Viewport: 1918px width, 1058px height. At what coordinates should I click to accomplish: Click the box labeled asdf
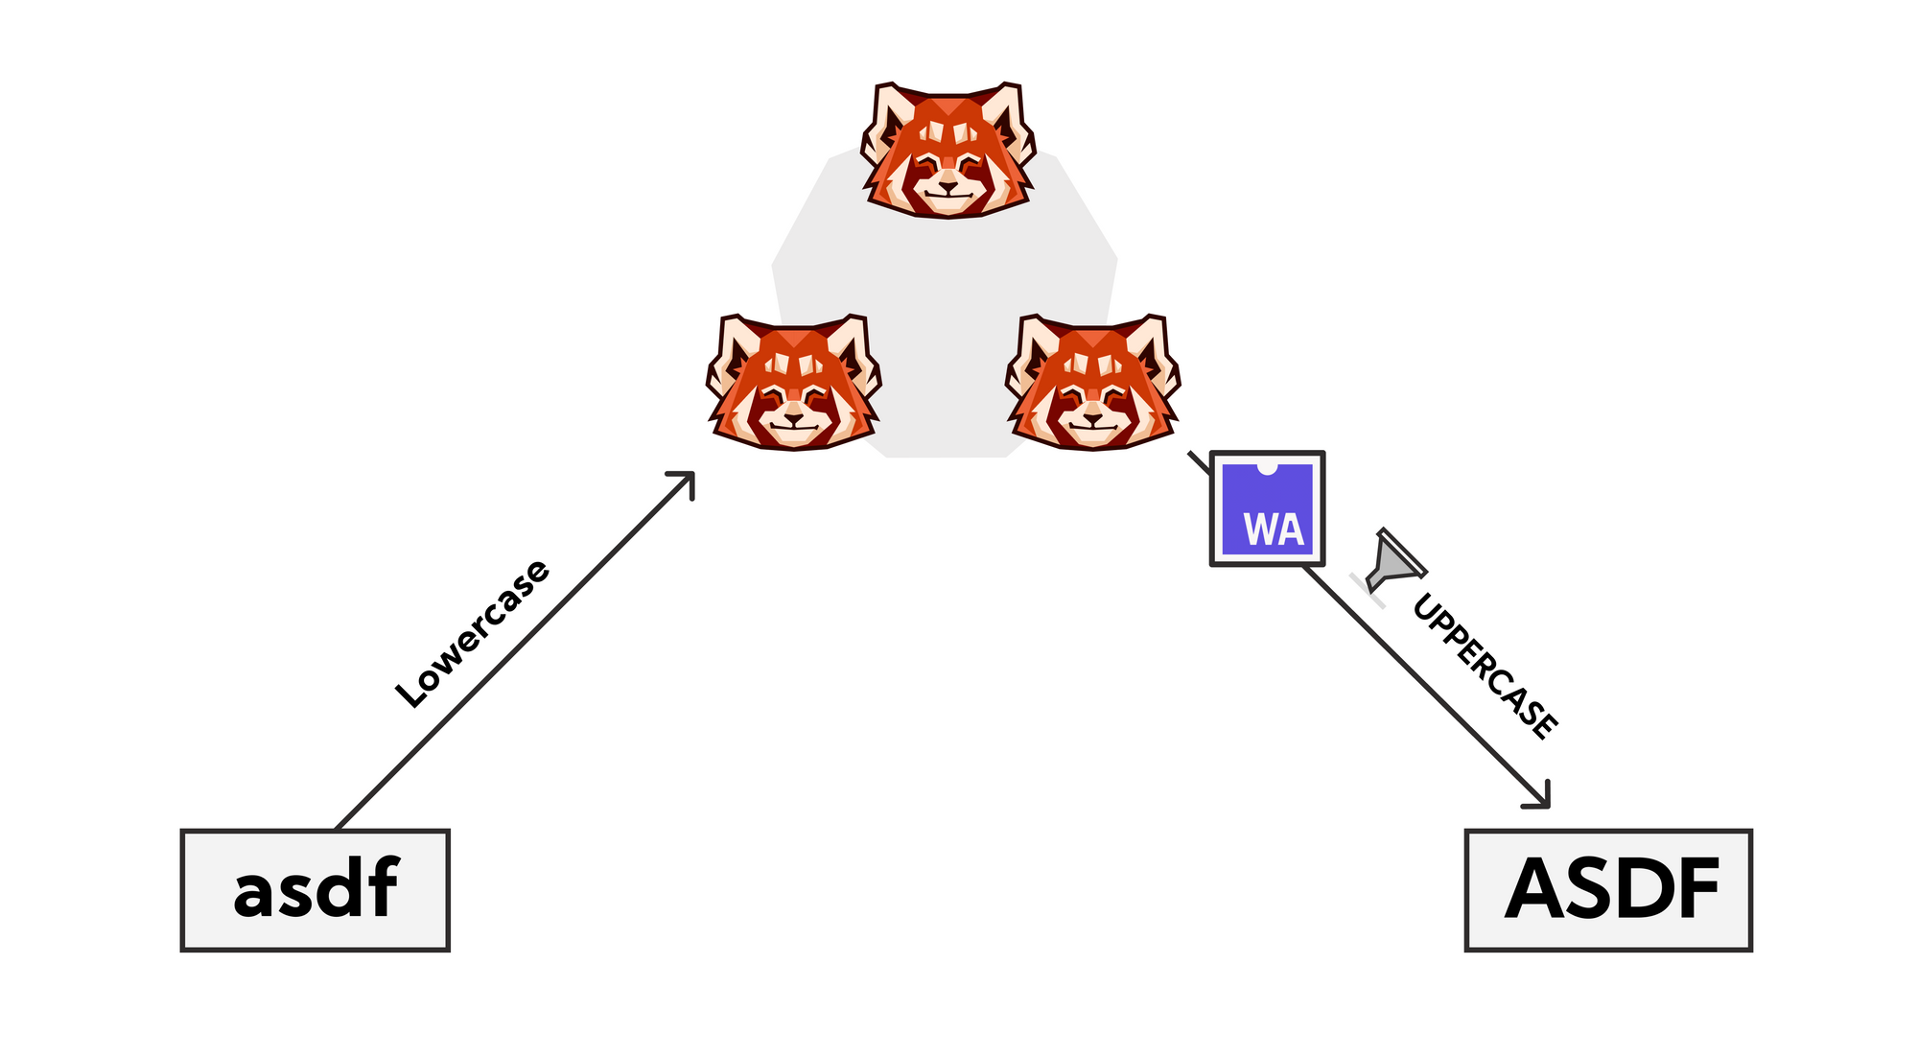coord(315,889)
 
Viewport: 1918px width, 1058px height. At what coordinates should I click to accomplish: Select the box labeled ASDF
coord(1608,889)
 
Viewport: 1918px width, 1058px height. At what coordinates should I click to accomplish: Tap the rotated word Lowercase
coord(474,633)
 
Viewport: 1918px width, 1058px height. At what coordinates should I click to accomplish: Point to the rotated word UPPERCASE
coord(1485,667)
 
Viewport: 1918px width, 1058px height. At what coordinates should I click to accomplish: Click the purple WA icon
coord(1267,508)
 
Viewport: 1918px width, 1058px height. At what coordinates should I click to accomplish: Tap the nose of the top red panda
coord(947,187)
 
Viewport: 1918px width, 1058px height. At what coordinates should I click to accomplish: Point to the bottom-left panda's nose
coord(794,419)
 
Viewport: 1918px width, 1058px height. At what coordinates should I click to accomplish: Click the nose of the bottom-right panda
coord(1092,419)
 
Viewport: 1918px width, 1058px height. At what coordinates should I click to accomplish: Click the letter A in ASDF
coord(1540,889)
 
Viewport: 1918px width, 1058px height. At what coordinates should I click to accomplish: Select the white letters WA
coord(1274,529)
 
